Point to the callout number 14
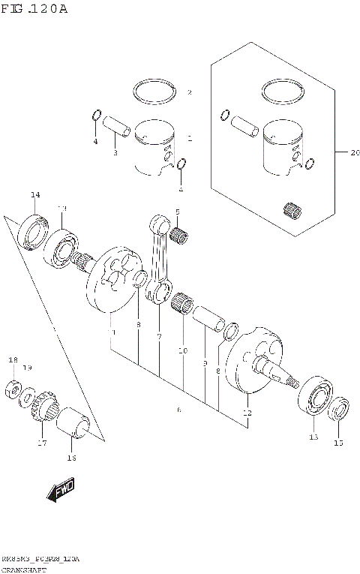(34, 196)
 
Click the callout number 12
(247, 413)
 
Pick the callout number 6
(178, 410)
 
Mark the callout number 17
(42, 443)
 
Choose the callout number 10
(181, 350)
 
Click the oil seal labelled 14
(34, 230)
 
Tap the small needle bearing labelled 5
(178, 238)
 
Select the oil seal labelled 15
(339, 409)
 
